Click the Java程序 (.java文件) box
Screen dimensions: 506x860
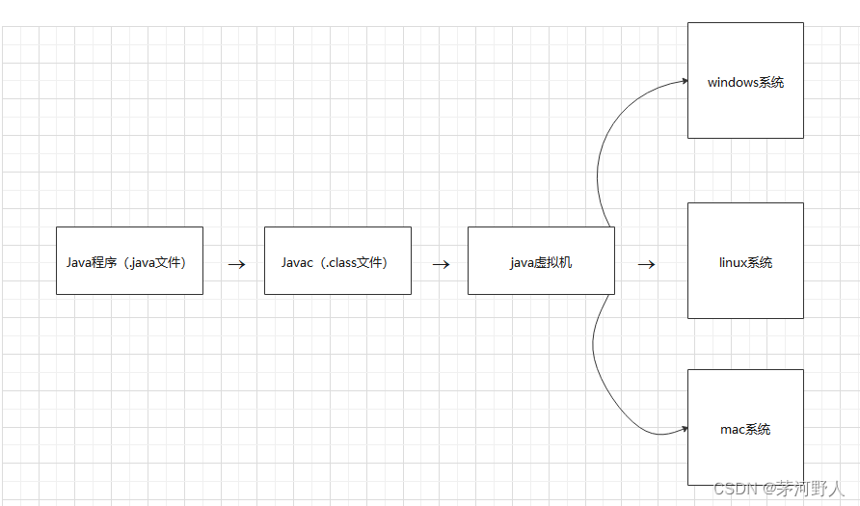(x=129, y=260)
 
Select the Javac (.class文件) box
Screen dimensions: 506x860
(x=337, y=260)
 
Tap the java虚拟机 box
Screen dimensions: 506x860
(x=541, y=260)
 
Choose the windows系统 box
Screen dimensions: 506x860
(x=745, y=81)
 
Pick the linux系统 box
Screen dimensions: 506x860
(x=745, y=260)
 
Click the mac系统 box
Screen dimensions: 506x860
(x=745, y=428)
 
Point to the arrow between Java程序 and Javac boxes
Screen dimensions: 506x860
(x=236, y=263)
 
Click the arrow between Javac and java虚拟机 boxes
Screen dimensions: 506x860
(x=442, y=263)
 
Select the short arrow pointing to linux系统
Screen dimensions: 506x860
(x=647, y=263)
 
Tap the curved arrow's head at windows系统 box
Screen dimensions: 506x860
(x=683, y=81)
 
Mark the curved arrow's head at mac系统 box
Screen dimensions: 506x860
(x=683, y=428)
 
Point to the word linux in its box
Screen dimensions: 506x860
(x=733, y=262)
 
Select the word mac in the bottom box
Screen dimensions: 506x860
(x=732, y=429)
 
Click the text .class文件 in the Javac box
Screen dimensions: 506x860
(x=356, y=262)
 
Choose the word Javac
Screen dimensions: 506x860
(x=297, y=262)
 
